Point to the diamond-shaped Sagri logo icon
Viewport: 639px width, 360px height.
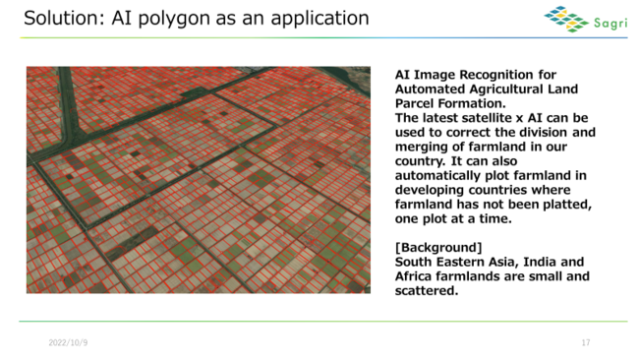point(566,19)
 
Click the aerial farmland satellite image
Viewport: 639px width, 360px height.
point(198,179)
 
